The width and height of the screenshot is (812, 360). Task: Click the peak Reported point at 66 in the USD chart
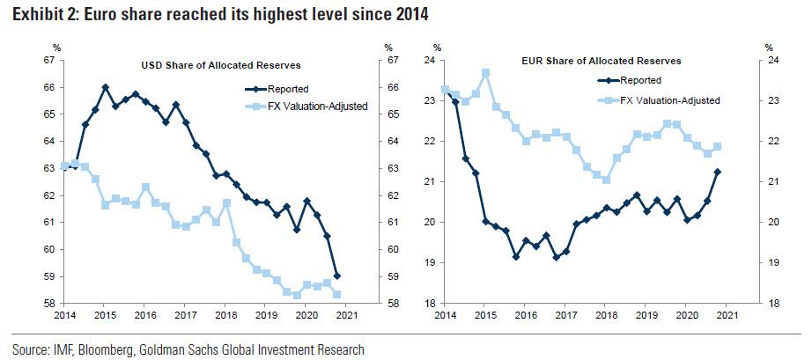(x=106, y=87)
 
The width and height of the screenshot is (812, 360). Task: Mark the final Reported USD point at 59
(x=337, y=276)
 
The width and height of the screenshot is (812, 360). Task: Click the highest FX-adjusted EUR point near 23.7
(x=485, y=72)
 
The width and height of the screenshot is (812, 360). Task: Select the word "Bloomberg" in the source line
(x=110, y=350)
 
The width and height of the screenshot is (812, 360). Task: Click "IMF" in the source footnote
(x=59, y=350)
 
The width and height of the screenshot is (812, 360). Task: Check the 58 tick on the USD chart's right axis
(x=390, y=304)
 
